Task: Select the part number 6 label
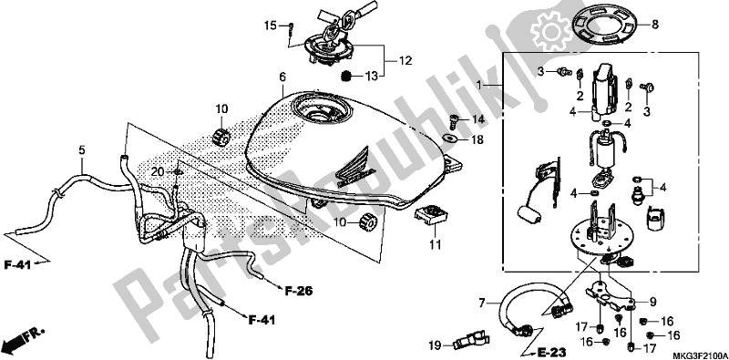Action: click(283, 76)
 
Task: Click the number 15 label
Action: click(270, 25)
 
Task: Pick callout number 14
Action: click(478, 119)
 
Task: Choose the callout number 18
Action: click(478, 139)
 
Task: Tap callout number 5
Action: click(81, 149)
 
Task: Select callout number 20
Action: click(157, 172)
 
